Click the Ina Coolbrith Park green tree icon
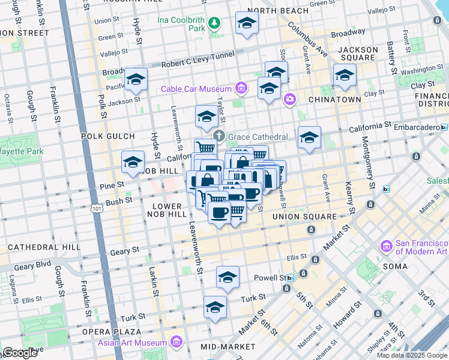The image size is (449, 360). point(215,23)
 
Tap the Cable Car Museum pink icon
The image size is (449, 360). point(241,89)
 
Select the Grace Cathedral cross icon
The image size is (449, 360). point(220,136)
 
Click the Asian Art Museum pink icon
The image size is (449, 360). point(176,343)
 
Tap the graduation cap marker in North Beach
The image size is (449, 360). point(247,23)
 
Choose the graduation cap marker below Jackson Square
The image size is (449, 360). point(345,76)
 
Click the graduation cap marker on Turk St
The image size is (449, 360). point(215,307)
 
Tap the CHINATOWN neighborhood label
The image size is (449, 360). point(334,100)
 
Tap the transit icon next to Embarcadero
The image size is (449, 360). point(444,127)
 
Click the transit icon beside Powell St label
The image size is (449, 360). point(291,278)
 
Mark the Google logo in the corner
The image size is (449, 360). point(20,352)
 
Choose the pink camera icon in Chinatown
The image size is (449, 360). point(290,99)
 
